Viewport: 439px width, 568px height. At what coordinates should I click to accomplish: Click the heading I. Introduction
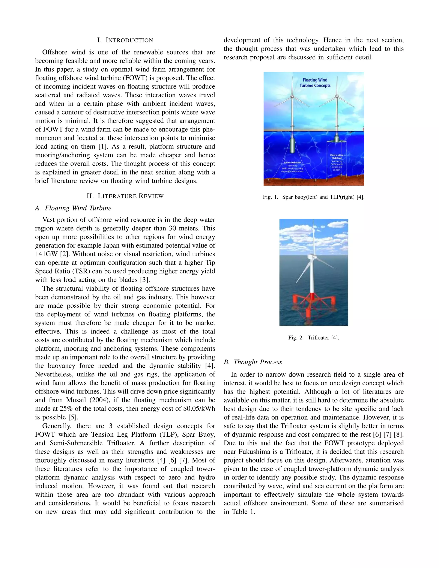(x=125, y=40)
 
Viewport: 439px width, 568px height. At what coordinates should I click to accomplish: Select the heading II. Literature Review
(x=125, y=196)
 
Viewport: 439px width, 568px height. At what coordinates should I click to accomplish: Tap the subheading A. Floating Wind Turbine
(x=73, y=208)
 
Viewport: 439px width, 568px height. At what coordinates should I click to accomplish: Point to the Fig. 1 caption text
(x=314, y=197)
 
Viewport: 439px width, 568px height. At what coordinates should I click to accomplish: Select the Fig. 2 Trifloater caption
(x=314, y=338)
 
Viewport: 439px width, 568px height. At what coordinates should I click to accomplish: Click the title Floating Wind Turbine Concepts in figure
(x=315, y=83)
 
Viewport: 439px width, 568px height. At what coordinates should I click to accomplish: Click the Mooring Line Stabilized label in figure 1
(x=337, y=156)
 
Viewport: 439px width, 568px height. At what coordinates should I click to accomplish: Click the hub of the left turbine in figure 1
(x=292, y=96)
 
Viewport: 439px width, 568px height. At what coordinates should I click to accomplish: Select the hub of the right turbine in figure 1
(x=337, y=96)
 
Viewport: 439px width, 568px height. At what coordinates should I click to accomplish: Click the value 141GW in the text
(x=46, y=254)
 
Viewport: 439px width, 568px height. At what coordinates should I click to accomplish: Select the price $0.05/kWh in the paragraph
(x=199, y=409)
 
